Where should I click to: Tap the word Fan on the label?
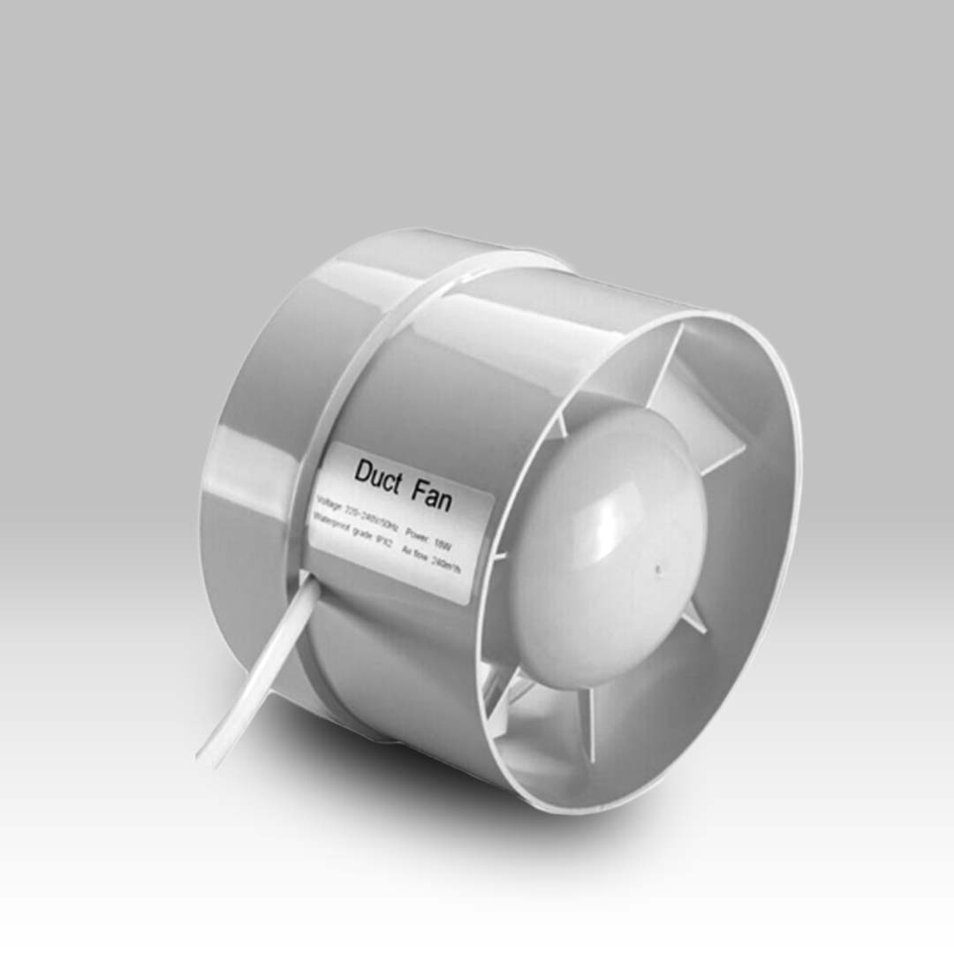[x=430, y=496]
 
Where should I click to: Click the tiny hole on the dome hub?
[x=658, y=570]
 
